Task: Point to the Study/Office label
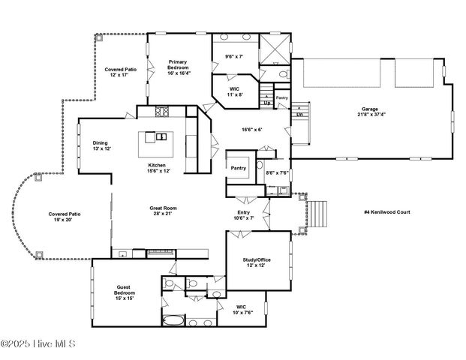click(x=257, y=263)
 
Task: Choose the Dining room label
click(x=101, y=145)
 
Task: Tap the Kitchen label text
click(x=158, y=168)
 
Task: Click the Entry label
click(x=244, y=214)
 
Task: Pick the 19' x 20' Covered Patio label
click(x=65, y=217)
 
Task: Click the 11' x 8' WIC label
click(x=235, y=91)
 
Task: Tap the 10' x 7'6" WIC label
click(x=241, y=309)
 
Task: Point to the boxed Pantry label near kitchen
click(x=239, y=168)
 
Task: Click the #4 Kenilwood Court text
click(x=391, y=212)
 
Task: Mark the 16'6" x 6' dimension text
click(x=251, y=130)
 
